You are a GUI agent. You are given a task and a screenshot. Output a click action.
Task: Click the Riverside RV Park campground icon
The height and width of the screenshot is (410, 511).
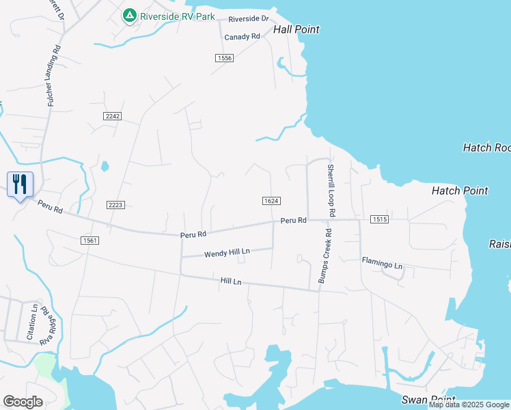click(128, 15)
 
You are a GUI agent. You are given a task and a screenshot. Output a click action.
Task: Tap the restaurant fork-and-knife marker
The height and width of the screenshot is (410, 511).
click(20, 183)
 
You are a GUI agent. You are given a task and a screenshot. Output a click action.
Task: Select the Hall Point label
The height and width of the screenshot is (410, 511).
click(296, 29)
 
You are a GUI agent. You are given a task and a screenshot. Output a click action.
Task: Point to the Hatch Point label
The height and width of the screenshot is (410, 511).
click(460, 191)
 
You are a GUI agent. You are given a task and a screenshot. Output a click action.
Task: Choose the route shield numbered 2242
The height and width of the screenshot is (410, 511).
click(113, 117)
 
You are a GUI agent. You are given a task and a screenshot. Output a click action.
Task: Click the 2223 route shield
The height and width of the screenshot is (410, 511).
click(115, 205)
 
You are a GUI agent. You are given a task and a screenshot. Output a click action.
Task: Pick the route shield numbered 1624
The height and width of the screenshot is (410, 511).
click(271, 200)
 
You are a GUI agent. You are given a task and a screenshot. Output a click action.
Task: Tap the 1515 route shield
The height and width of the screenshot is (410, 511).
click(380, 219)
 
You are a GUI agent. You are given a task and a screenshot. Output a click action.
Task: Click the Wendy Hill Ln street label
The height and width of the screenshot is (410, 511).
click(227, 253)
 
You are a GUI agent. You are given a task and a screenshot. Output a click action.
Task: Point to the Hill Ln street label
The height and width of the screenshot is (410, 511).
click(231, 281)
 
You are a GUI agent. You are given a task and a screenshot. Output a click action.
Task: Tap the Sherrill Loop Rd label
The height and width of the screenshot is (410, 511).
click(331, 191)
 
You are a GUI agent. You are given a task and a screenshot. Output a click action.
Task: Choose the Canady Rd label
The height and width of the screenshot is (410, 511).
click(243, 37)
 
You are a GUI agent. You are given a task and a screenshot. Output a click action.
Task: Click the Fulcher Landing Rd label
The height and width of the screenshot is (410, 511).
click(53, 75)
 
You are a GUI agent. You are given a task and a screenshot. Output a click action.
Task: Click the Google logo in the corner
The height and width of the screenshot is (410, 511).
click(23, 402)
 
